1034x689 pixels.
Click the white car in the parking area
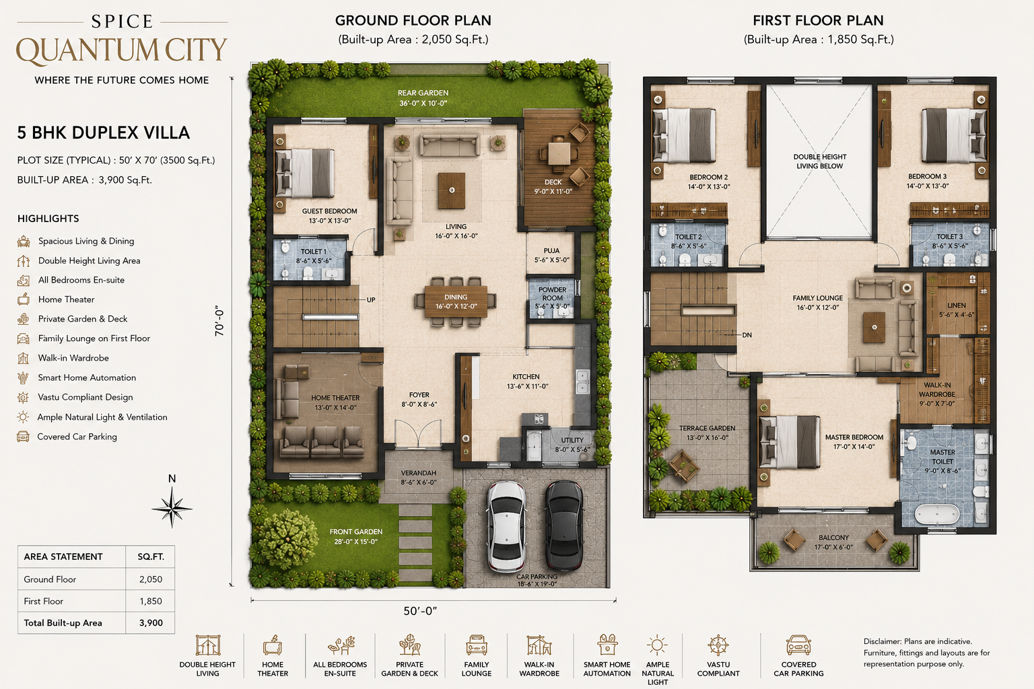click(x=506, y=526)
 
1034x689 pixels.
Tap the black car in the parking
click(x=564, y=525)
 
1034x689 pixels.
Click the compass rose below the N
click(x=172, y=508)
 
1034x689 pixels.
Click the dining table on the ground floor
click(x=456, y=301)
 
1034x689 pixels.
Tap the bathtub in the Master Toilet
click(x=937, y=513)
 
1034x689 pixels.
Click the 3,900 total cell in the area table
click(x=151, y=622)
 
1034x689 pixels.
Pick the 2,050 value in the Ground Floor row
click(x=151, y=579)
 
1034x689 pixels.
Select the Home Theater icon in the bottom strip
click(x=273, y=645)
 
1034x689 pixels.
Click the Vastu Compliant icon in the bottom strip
click(x=718, y=645)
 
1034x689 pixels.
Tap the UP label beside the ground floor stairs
click(x=371, y=300)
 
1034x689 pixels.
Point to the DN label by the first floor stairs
click(x=747, y=335)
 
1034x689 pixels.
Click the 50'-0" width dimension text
click(x=420, y=611)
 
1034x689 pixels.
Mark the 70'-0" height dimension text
click(x=219, y=320)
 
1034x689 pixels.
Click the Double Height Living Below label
click(x=820, y=161)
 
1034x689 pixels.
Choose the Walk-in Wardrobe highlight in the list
click(x=73, y=358)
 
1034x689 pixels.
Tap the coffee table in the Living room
click(x=452, y=190)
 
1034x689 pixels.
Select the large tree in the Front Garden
click(x=287, y=540)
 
